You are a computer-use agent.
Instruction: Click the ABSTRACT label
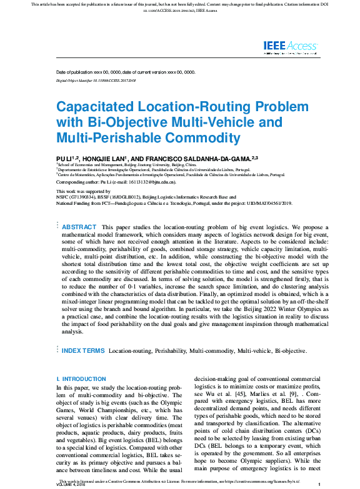pyautogui.click(x=79, y=227)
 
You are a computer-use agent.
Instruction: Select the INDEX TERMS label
pyautogui.click(x=83, y=352)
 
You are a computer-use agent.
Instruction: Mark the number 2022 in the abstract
pyautogui.click(x=259, y=308)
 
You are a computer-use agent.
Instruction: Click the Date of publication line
pyautogui.click(x=125, y=72)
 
